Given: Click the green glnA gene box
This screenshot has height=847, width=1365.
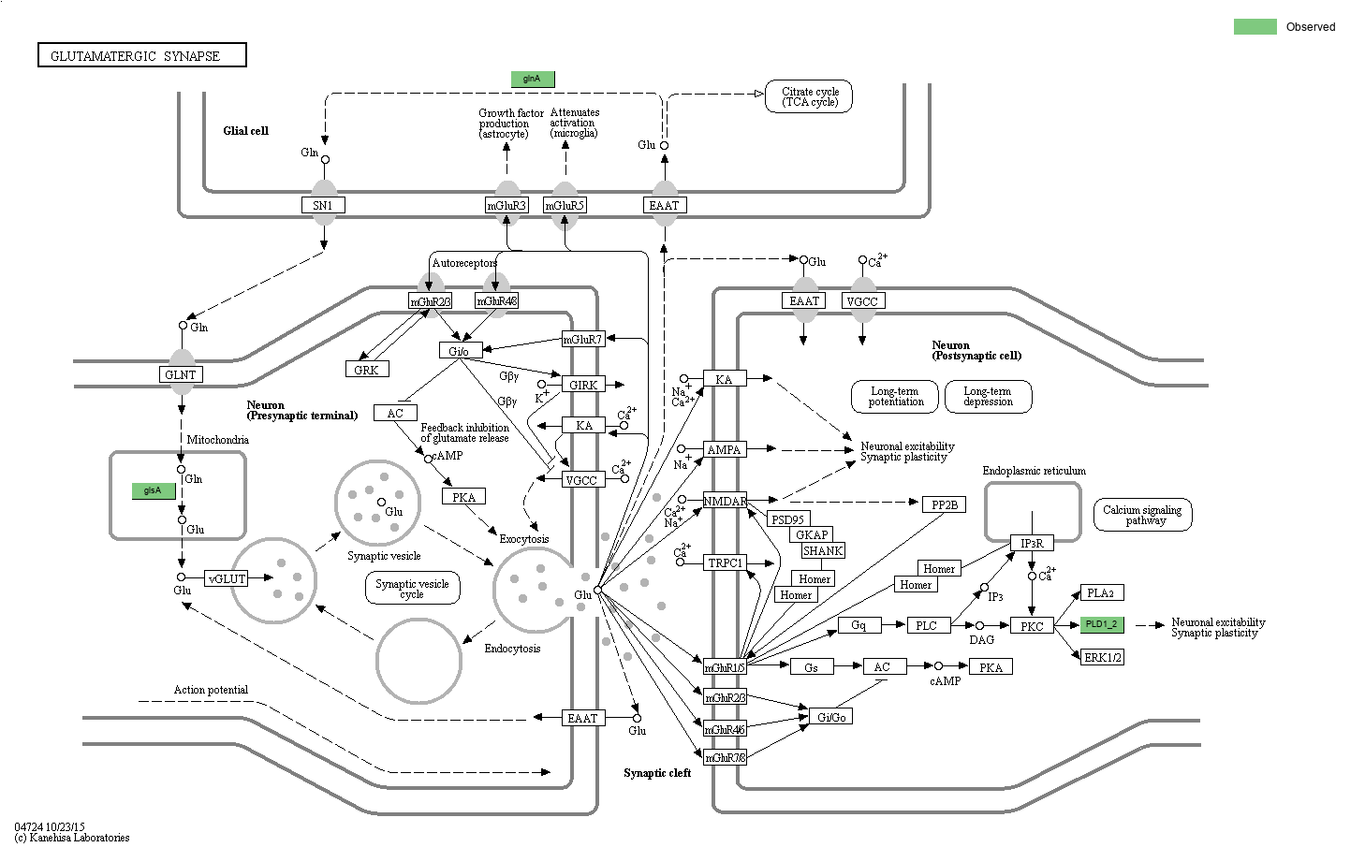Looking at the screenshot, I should coord(532,79).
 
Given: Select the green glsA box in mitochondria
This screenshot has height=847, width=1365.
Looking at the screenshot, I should coord(153,490).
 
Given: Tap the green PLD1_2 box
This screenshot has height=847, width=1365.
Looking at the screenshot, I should coord(1101,625).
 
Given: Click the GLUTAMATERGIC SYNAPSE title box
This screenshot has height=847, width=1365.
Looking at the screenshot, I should coord(142,55).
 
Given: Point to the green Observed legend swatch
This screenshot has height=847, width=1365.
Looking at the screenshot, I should coord(1255,26).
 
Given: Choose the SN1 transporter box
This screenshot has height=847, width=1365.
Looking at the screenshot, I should coord(323,205).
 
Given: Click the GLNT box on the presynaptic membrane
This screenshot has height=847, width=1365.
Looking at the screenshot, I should coord(181,374).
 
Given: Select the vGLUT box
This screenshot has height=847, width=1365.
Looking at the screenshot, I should coord(227,578).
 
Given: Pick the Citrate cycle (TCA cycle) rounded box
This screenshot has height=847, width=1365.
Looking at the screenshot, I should coord(810,96).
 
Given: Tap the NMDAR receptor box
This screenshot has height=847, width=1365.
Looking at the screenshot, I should coord(725,501).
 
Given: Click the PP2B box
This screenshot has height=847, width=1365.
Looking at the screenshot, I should coord(944,504).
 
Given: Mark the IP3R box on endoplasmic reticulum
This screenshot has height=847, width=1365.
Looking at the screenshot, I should coord(1032,543).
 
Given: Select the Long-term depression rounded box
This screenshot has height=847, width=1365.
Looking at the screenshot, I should coord(988,396).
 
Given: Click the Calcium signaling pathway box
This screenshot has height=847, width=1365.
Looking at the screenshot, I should coord(1142,515).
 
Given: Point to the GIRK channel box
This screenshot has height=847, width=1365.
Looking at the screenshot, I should coord(583,384).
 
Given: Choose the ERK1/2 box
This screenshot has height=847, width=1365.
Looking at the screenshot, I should coord(1102,657).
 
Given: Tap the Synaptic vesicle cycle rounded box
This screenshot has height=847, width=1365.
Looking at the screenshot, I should coord(412,589).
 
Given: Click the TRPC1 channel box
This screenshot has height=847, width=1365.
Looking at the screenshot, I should coord(725,562).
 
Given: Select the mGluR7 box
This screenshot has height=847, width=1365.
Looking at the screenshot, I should coord(582,339).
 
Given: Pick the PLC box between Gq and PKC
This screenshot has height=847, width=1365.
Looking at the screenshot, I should coord(926,625).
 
